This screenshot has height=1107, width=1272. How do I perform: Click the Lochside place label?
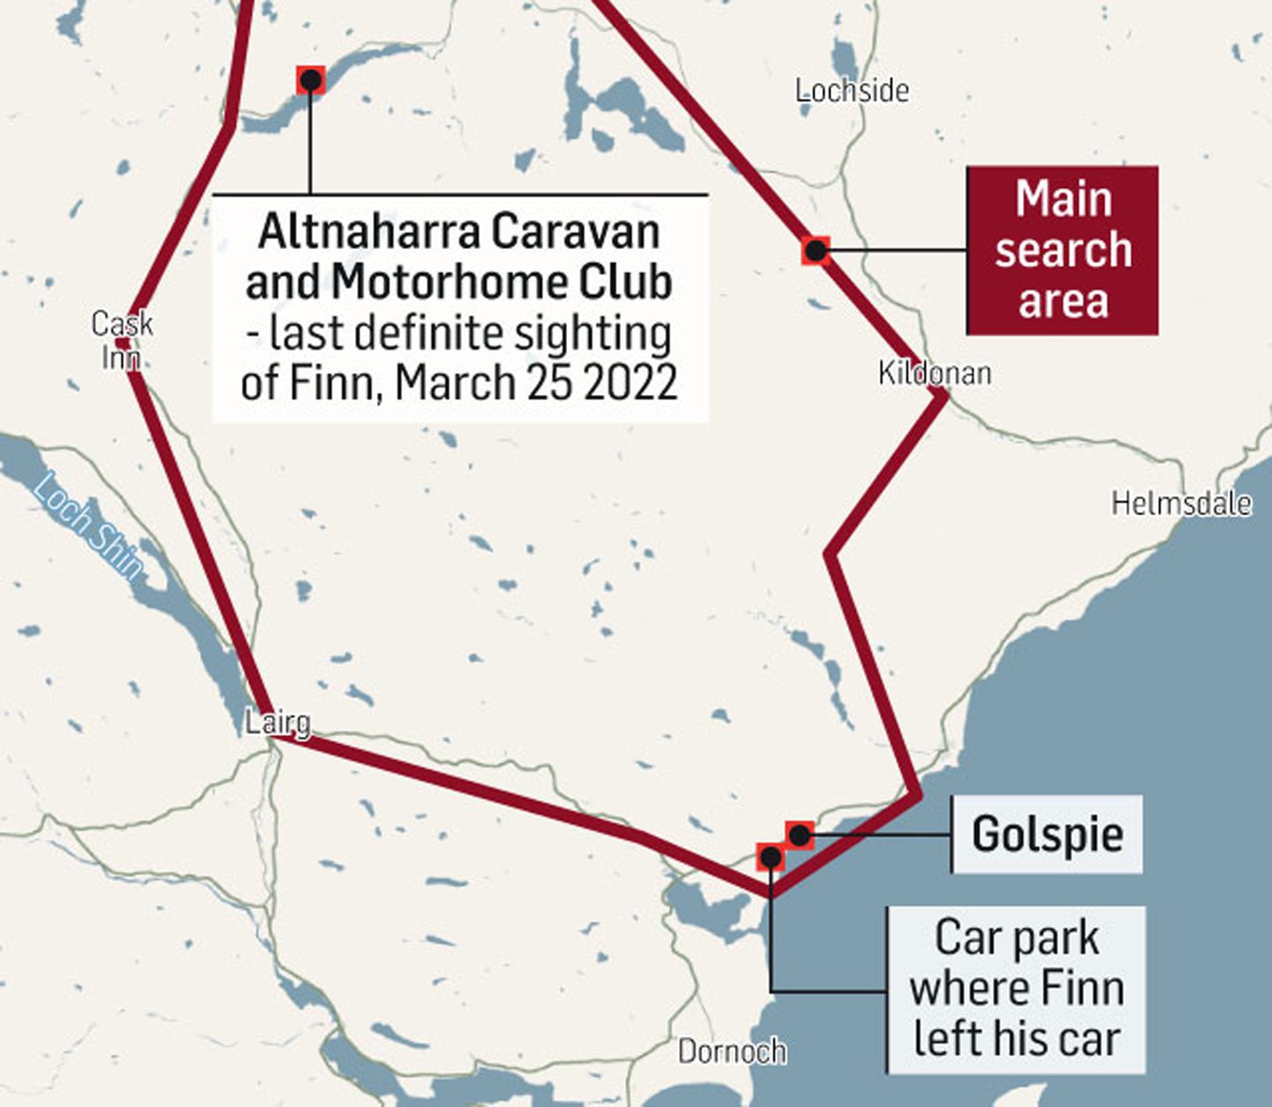click(852, 90)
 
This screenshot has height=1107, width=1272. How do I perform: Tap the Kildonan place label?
click(934, 373)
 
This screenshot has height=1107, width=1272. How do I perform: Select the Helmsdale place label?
click(1181, 504)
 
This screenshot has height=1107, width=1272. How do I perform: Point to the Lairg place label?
click(277, 722)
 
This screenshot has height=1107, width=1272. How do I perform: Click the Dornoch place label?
click(731, 1051)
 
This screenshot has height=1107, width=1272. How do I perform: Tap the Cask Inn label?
click(122, 340)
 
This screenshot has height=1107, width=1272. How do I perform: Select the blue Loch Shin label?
click(88, 527)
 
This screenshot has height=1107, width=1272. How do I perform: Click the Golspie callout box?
click(1047, 834)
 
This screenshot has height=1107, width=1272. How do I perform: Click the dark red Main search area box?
click(1062, 250)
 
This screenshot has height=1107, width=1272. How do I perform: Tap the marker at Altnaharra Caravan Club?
click(310, 80)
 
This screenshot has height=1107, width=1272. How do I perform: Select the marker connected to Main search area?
click(815, 251)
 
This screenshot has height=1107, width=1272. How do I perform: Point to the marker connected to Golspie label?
click(799, 834)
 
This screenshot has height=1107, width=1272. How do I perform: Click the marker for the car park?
click(770, 857)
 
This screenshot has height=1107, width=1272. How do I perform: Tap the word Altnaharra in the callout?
click(370, 231)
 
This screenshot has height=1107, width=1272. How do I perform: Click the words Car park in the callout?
click(1017, 938)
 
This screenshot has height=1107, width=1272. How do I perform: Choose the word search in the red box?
click(1063, 250)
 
